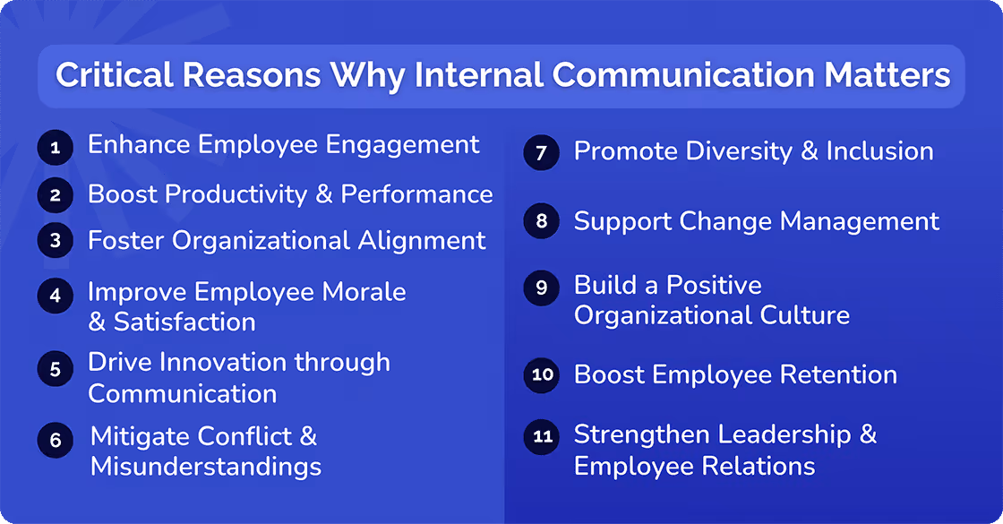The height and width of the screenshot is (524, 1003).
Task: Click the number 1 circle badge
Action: point(55,147)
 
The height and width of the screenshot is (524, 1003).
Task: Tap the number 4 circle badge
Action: point(55,296)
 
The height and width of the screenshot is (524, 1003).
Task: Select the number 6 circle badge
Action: point(55,440)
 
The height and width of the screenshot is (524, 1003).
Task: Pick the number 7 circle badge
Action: point(541,152)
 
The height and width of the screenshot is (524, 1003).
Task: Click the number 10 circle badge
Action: point(542,374)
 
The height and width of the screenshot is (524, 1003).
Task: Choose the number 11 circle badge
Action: point(541,436)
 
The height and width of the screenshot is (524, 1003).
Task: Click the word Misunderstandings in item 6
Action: point(206,467)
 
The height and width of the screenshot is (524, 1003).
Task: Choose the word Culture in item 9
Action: point(800,315)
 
